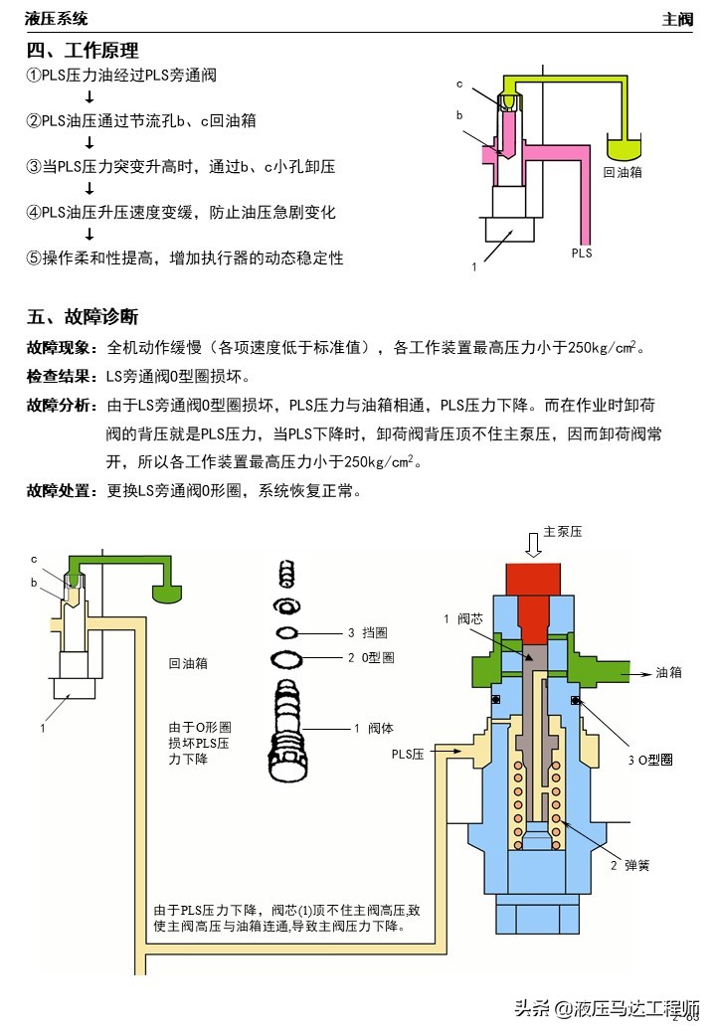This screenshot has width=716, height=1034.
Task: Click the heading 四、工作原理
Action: point(83,51)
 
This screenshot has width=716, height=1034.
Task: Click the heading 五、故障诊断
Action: point(83,317)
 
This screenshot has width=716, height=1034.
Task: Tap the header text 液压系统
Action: point(57,18)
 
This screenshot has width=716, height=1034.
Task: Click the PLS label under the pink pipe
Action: point(582,254)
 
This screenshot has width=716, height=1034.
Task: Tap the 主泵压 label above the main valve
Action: point(563,532)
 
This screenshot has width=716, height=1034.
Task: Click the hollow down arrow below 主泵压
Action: point(533,545)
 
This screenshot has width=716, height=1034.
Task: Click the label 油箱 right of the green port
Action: point(668,672)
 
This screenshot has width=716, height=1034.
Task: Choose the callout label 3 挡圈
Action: point(367,632)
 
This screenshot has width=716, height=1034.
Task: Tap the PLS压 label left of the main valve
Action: point(408,755)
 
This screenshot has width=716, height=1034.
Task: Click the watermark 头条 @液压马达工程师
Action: point(607,1008)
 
